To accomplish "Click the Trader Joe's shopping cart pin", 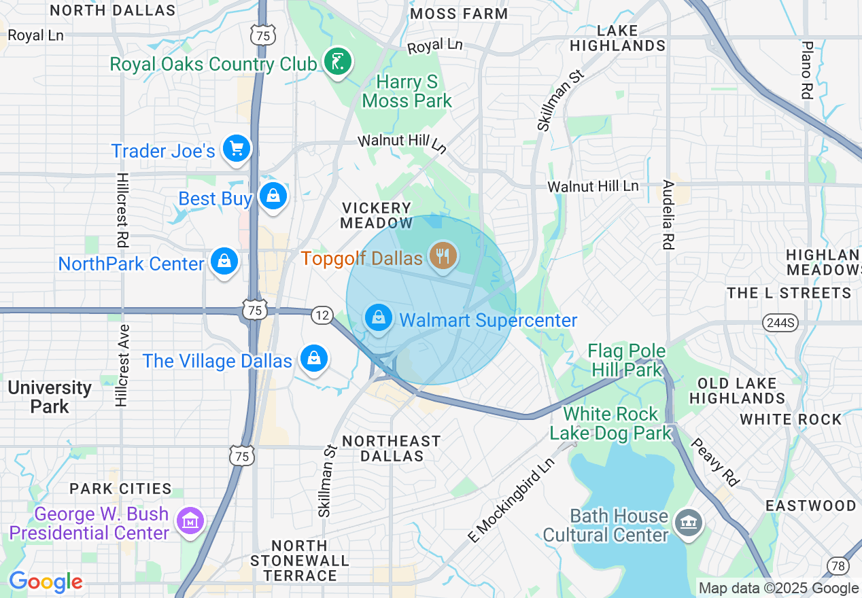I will tap(236, 148).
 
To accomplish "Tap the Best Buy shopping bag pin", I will tap(273, 196).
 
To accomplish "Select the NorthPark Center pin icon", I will tap(224, 261).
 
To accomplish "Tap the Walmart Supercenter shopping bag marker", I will tap(379, 317).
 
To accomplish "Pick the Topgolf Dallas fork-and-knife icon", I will tap(443, 256).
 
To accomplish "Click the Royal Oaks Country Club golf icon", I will tap(338, 62).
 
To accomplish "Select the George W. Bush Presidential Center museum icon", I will tap(190, 521).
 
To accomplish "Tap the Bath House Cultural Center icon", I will tap(688, 523).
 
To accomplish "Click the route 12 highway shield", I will tap(322, 315).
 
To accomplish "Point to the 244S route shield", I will tap(779, 322).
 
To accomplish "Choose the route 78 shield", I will tap(838, 565).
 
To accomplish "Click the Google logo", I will tap(46, 582).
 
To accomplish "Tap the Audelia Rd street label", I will tap(668, 214).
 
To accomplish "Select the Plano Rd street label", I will tap(807, 70).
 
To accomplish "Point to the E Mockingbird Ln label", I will tap(512, 499).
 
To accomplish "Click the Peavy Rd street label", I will tap(715, 462).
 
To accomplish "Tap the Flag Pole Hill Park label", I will tap(626, 360).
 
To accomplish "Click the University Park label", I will tap(50, 397).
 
